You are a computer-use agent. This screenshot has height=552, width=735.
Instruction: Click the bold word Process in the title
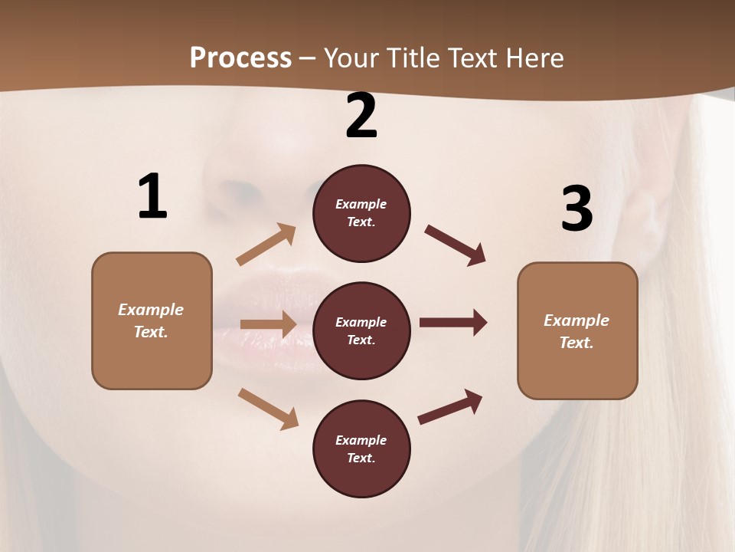click(x=240, y=58)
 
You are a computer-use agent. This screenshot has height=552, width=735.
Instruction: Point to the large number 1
click(x=152, y=197)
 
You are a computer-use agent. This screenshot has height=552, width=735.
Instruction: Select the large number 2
click(x=361, y=116)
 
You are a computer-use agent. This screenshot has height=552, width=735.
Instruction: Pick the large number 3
click(x=577, y=209)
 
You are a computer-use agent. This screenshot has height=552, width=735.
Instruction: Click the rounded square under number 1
click(x=152, y=320)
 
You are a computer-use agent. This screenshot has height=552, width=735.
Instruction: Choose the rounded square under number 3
click(x=577, y=331)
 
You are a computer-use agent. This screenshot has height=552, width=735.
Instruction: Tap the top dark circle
click(x=361, y=213)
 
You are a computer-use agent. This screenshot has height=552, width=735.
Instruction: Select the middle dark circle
click(x=361, y=330)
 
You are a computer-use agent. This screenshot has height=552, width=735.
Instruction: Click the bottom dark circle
click(x=361, y=449)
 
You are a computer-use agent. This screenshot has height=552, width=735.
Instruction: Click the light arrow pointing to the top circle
click(x=266, y=245)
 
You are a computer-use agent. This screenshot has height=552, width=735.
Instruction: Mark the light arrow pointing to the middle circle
click(x=268, y=324)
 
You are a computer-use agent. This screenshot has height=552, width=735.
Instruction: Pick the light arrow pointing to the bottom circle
click(x=268, y=409)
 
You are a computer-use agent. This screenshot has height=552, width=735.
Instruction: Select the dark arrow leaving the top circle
click(x=456, y=245)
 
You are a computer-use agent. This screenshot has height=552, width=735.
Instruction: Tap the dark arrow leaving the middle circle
click(x=453, y=323)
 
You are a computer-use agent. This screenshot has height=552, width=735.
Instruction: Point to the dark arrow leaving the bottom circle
click(x=450, y=406)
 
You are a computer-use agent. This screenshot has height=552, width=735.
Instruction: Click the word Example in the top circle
click(x=361, y=204)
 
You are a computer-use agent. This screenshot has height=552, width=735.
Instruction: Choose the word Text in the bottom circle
click(x=361, y=458)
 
